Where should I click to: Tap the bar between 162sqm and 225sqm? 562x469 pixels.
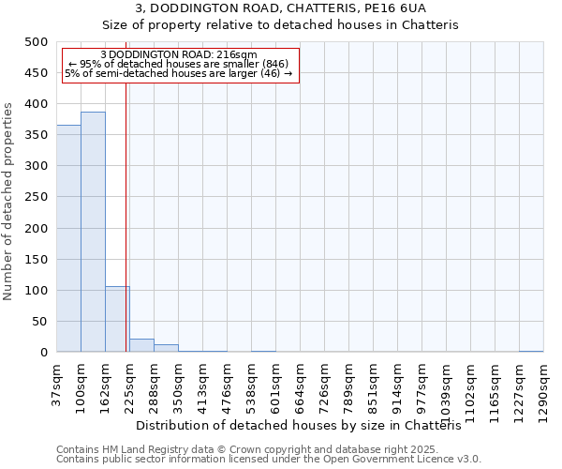click(x=117, y=320)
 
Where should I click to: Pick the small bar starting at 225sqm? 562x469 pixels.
click(x=141, y=345)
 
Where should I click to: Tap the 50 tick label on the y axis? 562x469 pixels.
click(x=39, y=322)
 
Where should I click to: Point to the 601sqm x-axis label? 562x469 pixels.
click(x=275, y=386)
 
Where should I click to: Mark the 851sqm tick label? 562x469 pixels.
click(x=373, y=386)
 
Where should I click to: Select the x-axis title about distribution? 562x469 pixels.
click(x=305, y=425)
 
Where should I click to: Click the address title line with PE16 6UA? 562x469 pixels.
click(x=280, y=8)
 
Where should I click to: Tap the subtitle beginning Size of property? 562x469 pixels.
click(x=280, y=25)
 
